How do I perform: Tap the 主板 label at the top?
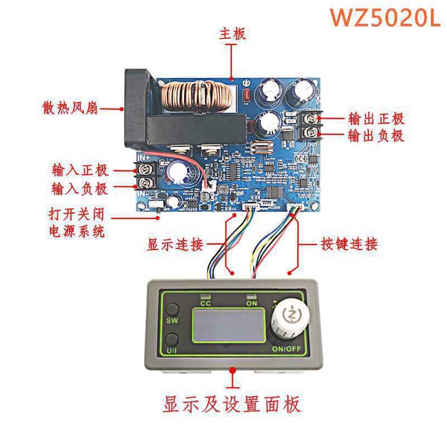[x=232, y=34]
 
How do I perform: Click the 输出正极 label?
[x=376, y=118]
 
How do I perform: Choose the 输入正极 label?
[x=80, y=170]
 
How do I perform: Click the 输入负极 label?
[x=80, y=189]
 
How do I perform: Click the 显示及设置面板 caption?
[x=232, y=404]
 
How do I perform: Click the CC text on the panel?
[x=205, y=304]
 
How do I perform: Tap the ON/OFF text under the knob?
[x=287, y=349]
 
